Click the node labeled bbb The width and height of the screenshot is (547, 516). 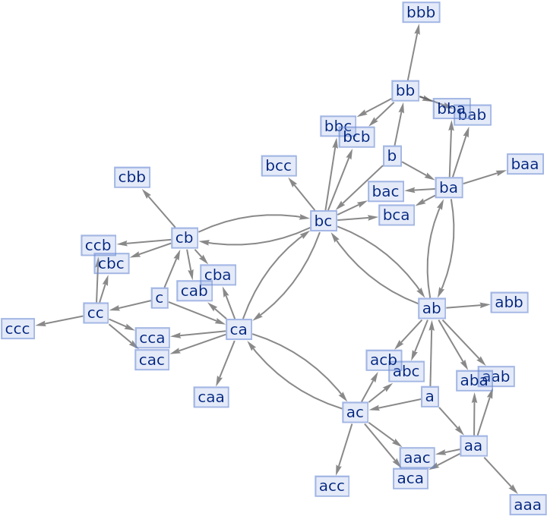(421, 12)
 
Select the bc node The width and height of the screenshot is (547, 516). (324, 221)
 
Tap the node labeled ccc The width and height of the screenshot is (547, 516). (17, 329)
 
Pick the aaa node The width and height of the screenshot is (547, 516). (527, 505)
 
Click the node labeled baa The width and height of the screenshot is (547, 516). (525, 164)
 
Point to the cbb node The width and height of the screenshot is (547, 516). (132, 178)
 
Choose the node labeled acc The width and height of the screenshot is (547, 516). (332, 486)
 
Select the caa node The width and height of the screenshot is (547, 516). (211, 397)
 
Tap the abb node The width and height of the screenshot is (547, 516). (509, 302)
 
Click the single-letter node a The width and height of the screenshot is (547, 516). (430, 396)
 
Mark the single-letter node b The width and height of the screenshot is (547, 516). (392, 156)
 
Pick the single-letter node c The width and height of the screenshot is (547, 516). (159, 298)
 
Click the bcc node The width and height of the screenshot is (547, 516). (279, 165)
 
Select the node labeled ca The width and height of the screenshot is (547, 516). (239, 329)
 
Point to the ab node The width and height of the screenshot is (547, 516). (432, 308)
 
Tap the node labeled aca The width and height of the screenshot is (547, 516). (410, 478)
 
